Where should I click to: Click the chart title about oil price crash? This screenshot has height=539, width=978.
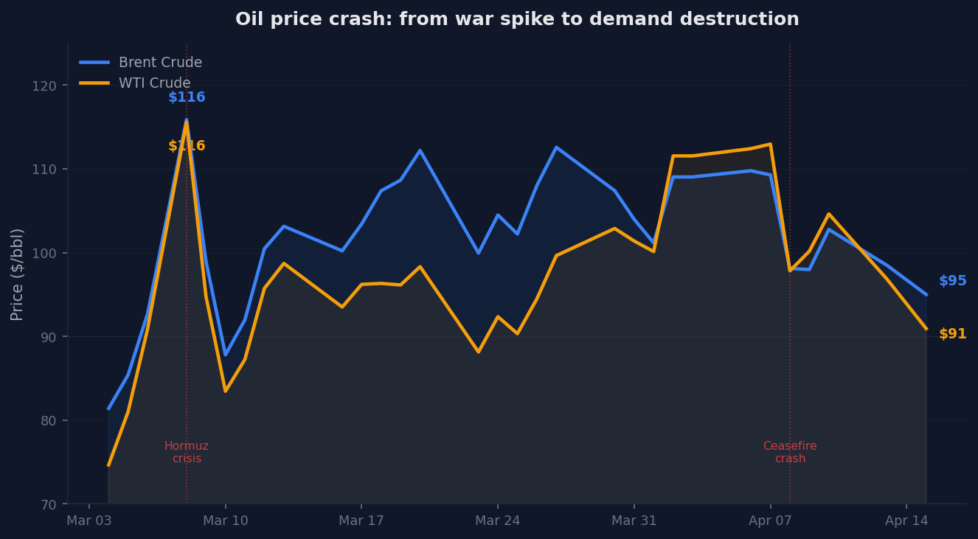[x=516, y=20]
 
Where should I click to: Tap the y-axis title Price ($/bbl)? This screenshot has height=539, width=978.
[x=17, y=274]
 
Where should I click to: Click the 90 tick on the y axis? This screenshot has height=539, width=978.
[x=51, y=337]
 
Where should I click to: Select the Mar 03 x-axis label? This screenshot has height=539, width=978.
[x=89, y=521]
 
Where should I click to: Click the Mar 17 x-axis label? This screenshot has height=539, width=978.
[x=361, y=521]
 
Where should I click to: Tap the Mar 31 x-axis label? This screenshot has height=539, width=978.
[x=634, y=521]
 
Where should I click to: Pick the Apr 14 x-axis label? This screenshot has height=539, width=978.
[x=906, y=521]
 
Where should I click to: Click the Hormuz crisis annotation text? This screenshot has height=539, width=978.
[x=187, y=452]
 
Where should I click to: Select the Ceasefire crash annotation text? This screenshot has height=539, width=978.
[x=790, y=452]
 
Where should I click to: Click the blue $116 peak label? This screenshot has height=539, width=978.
[x=187, y=97]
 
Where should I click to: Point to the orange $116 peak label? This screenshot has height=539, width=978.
[x=187, y=146]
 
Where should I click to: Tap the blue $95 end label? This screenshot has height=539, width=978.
[x=952, y=281]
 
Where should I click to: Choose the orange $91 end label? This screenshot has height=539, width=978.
[x=952, y=334]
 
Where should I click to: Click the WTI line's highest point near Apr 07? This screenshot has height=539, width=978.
[x=770, y=144]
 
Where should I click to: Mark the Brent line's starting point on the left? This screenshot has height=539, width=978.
[x=108, y=408]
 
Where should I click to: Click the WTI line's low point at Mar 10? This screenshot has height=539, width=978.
[x=225, y=391]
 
